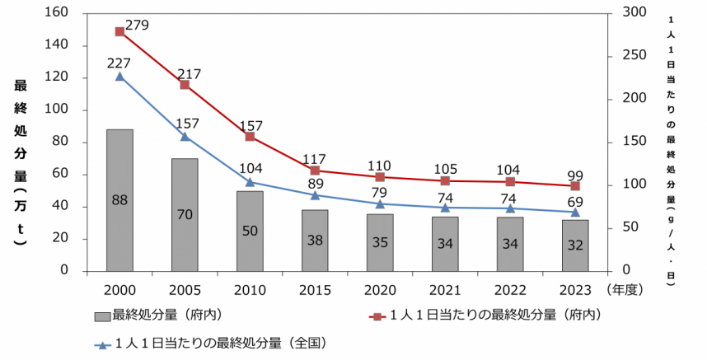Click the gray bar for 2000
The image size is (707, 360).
coord(119,200)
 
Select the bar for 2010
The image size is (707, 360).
coord(250,231)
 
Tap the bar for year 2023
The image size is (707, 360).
coord(575,245)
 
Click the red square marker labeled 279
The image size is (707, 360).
coord(119,31)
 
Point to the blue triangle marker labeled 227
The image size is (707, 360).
coord(119,77)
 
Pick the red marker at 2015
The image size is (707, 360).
coord(315,171)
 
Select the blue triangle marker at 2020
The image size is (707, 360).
coord(380,203)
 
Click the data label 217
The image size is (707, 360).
coord(189,74)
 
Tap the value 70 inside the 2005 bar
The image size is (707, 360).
coord(185,215)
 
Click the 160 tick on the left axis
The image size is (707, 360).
coord(58,13)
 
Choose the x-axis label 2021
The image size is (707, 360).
coord(445,290)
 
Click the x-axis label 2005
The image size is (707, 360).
coord(185,290)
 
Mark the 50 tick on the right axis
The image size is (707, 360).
coord(628,227)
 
